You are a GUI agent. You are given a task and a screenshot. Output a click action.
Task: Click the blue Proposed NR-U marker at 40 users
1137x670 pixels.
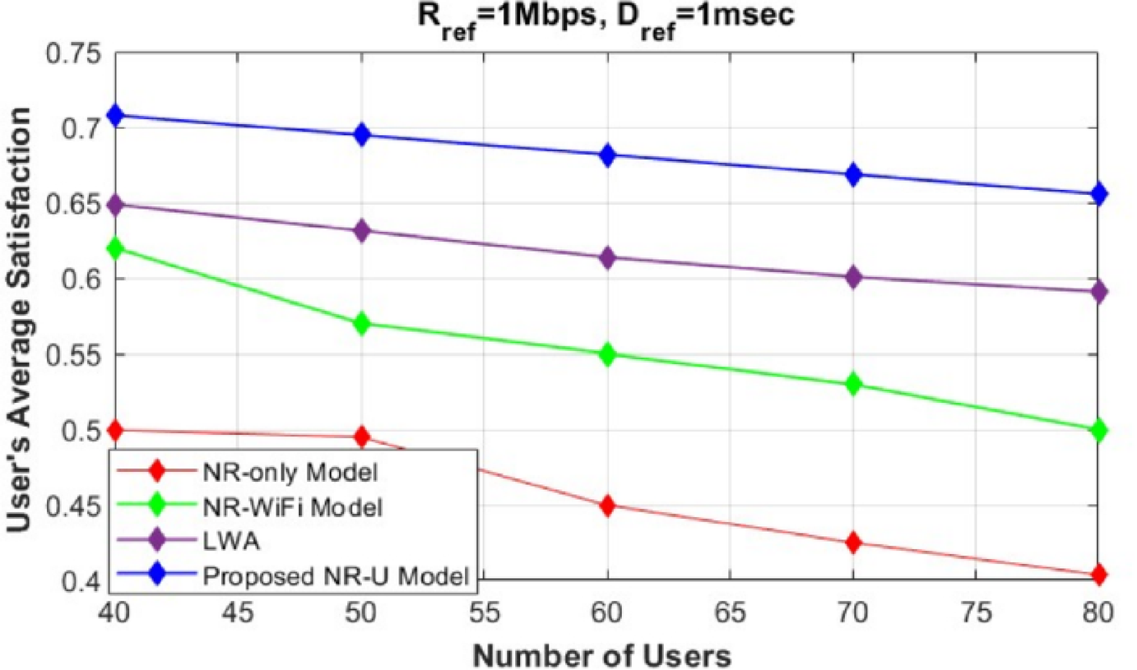point(115,116)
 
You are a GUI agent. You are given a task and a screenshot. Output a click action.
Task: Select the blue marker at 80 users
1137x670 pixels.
point(1098,195)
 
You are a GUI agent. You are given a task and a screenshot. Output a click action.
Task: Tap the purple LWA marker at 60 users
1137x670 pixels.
point(607,258)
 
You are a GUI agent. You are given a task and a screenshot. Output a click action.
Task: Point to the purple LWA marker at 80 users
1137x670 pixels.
point(1098,292)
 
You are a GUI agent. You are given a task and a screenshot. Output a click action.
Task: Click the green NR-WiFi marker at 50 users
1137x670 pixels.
point(361,324)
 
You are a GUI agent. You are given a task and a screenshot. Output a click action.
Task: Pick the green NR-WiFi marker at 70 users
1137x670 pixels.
point(852,384)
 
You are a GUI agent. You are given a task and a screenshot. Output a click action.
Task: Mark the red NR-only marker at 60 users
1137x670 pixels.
point(607,506)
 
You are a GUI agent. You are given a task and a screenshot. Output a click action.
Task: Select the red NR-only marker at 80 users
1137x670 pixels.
point(1098,575)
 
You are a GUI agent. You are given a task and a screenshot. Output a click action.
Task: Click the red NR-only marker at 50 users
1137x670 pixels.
point(361,437)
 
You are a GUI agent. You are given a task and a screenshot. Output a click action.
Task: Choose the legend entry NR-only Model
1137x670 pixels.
point(293,473)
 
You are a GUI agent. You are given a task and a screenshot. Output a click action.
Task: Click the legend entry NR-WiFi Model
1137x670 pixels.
point(291,507)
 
